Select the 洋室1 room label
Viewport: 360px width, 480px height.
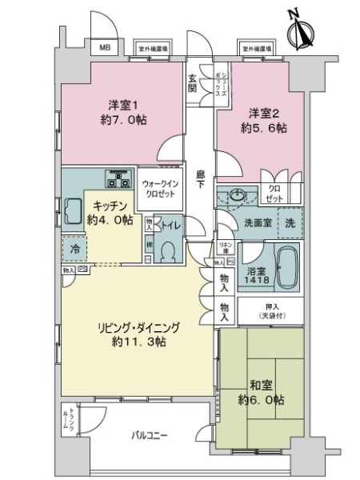(x=126, y=104)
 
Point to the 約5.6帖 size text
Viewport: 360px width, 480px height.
(x=266, y=129)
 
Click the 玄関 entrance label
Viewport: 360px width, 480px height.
(x=193, y=83)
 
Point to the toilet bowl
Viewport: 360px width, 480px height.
(x=167, y=250)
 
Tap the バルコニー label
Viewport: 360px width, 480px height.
(x=148, y=435)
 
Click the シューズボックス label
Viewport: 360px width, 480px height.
(x=221, y=82)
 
